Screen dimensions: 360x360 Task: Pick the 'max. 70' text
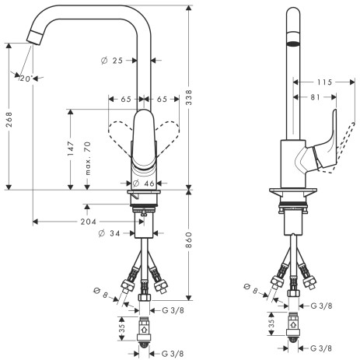(88, 154)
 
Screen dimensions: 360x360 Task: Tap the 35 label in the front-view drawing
(121, 327)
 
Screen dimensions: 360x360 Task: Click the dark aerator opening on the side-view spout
(292, 45)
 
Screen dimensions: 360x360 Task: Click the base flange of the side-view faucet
(292, 191)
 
